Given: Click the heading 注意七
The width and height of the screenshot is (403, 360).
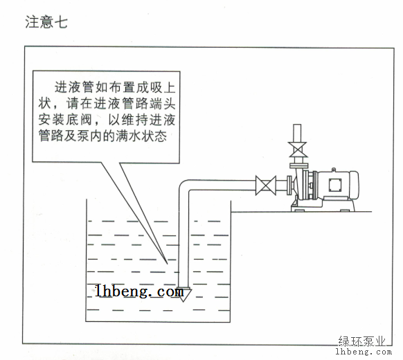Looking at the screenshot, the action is click(x=46, y=22).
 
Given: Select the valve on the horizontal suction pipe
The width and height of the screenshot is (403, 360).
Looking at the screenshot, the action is click(x=266, y=186).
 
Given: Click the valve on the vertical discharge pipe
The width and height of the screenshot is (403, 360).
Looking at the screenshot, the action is click(x=297, y=150).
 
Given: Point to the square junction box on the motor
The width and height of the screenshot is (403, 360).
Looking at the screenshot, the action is click(x=335, y=185).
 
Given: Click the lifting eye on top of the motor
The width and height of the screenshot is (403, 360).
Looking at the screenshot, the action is click(x=334, y=170).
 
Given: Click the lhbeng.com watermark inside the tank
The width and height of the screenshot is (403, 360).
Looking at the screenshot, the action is click(x=140, y=291).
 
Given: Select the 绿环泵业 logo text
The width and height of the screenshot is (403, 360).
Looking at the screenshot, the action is click(x=362, y=342).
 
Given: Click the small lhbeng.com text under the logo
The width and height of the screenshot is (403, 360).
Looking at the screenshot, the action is click(x=364, y=352).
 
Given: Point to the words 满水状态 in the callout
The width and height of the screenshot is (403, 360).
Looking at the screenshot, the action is click(x=141, y=136).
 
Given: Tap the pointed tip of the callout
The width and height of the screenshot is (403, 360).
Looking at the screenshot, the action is click(x=168, y=264).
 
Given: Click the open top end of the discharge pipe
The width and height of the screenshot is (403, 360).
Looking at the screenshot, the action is click(x=297, y=125).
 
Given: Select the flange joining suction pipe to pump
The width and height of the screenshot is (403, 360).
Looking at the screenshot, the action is click(x=289, y=185).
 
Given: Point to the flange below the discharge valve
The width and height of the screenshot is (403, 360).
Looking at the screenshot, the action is click(x=298, y=165).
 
